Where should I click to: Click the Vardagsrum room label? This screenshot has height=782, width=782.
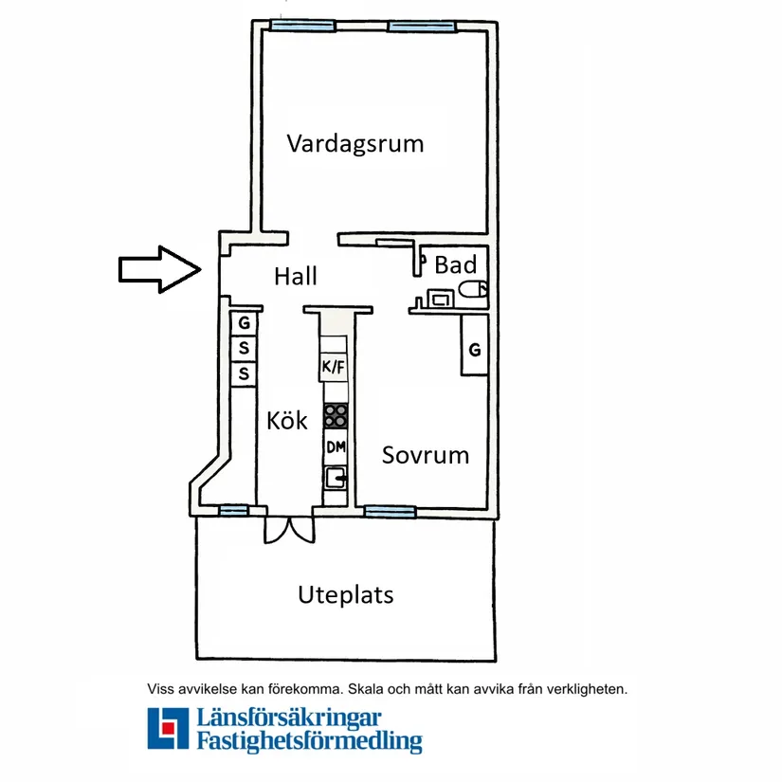click(355, 144)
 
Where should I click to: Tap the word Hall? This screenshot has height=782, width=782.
click(296, 277)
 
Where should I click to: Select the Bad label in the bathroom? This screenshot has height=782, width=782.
click(455, 264)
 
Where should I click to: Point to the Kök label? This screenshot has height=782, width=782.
click(287, 420)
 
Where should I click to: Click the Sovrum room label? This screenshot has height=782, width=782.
click(426, 455)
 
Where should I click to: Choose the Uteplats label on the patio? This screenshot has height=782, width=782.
click(345, 595)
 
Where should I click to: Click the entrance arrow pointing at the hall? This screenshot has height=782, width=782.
click(157, 269)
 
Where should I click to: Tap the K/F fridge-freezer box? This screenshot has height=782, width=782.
click(333, 367)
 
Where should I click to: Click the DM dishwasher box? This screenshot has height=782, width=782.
click(336, 446)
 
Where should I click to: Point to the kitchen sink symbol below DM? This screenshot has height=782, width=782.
click(336, 477)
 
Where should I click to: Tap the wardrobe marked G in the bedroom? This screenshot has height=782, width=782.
click(475, 350)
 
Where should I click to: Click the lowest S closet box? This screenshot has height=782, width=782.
click(244, 373)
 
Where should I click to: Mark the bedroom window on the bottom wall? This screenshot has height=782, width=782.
click(390, 511)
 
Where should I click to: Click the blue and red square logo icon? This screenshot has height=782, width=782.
click(168, 729)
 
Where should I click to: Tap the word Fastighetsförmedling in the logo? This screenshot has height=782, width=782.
click(308, 741)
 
